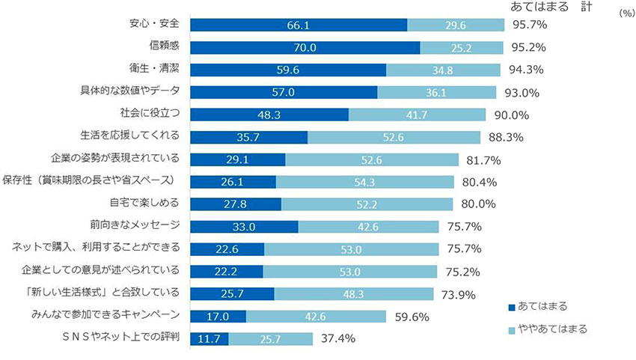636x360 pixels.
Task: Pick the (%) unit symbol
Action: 626,13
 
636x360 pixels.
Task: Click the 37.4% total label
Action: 337,338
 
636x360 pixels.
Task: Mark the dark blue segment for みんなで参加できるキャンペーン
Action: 218,316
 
